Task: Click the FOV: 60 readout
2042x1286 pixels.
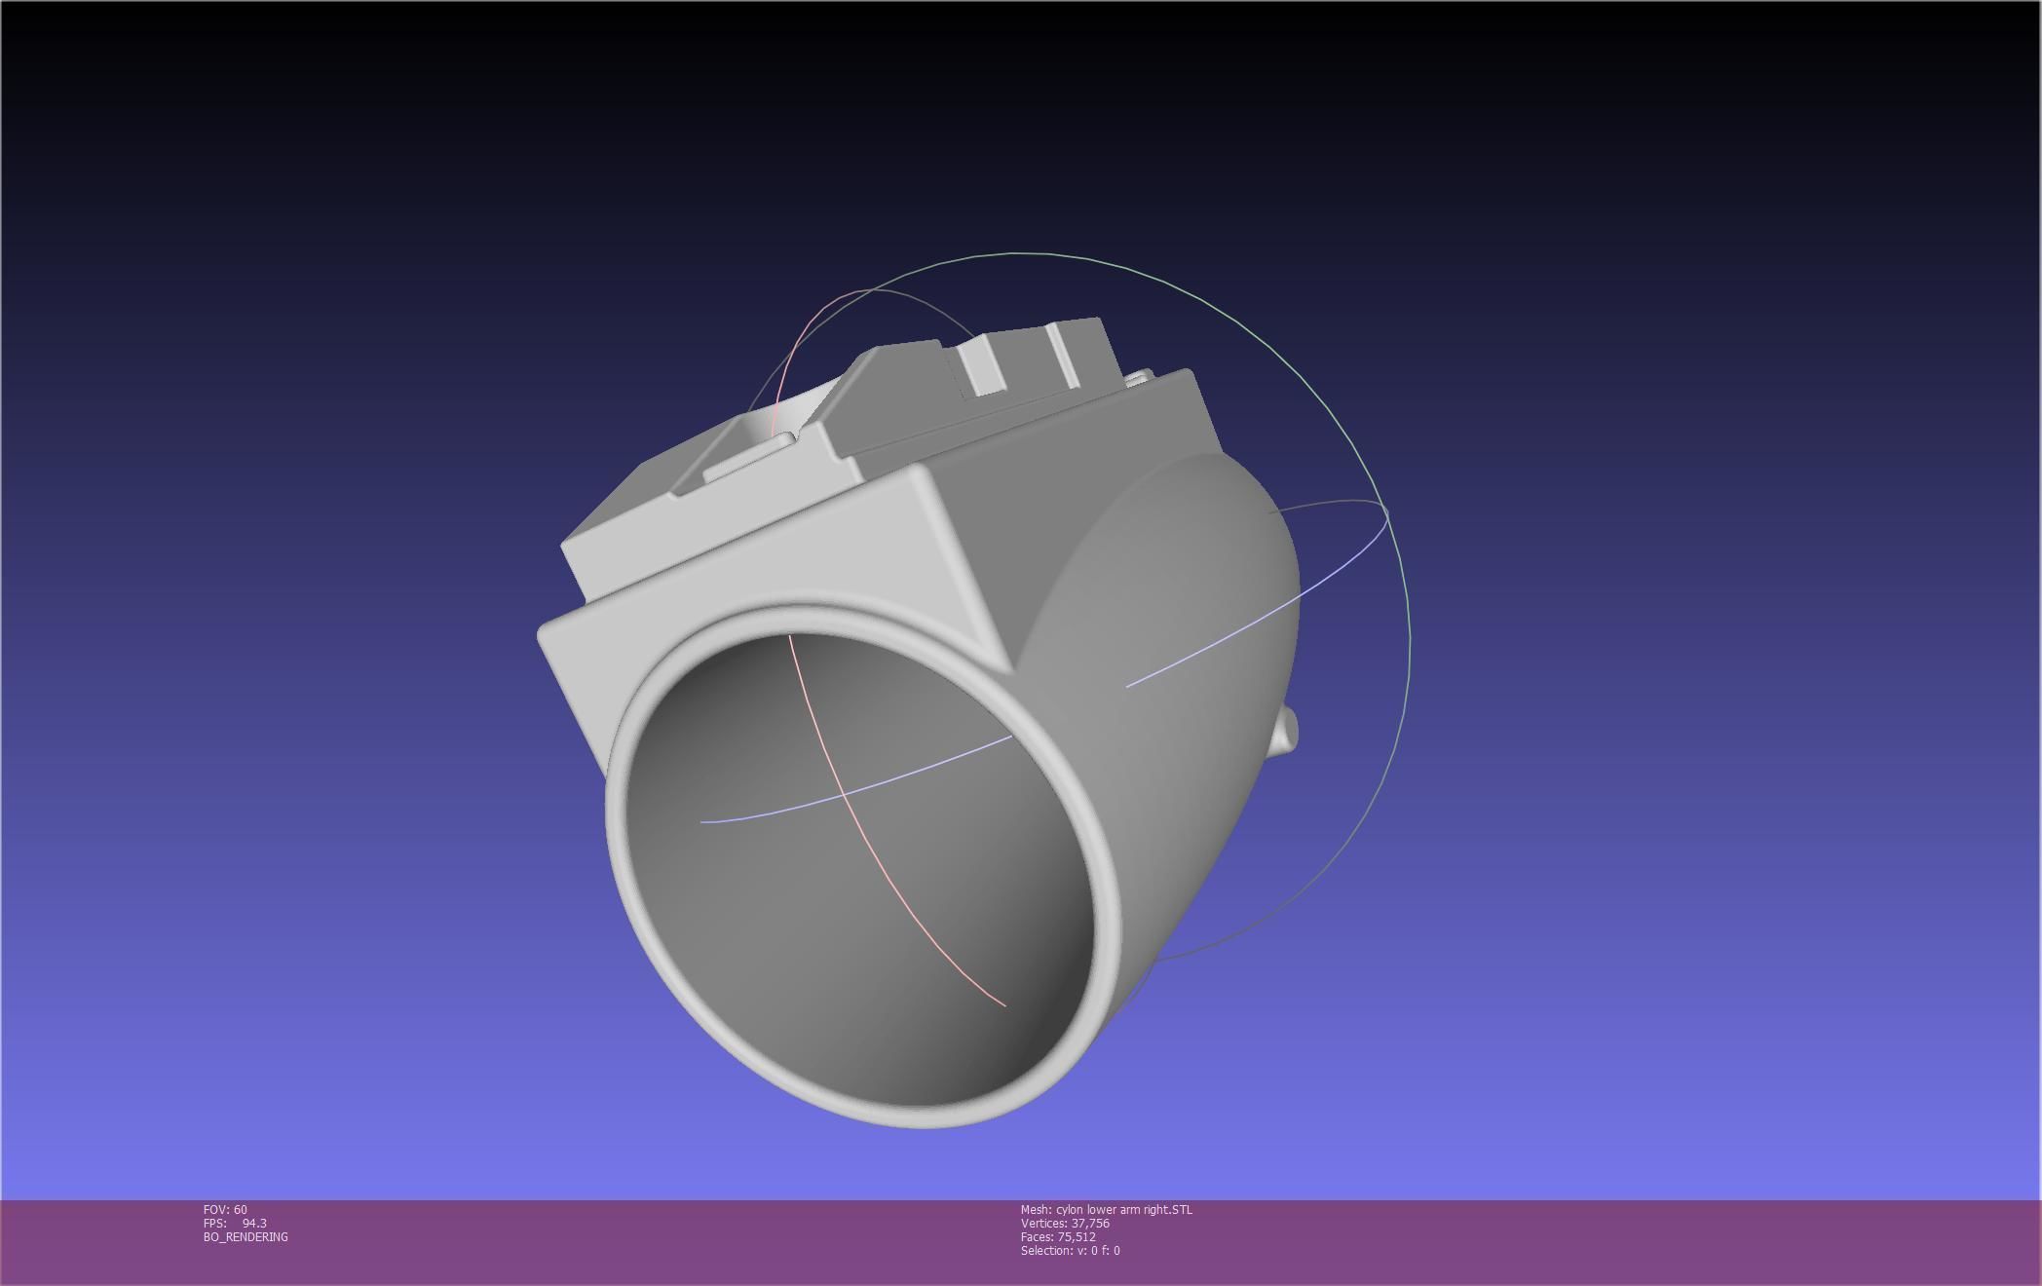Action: click(225, 1210)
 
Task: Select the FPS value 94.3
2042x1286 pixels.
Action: click(253, 1224)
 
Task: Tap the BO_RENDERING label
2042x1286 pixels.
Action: click(246, 1237)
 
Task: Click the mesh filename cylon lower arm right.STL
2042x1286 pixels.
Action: click(1123, 1210)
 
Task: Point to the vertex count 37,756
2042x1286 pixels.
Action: click(1090, 1224)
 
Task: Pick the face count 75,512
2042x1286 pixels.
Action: click(1077, 1237)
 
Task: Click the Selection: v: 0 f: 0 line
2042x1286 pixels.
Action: click(1070, 1251)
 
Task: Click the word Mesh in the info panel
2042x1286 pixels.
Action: click(1035, 1210)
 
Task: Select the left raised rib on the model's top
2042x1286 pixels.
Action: click(979, 365)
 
